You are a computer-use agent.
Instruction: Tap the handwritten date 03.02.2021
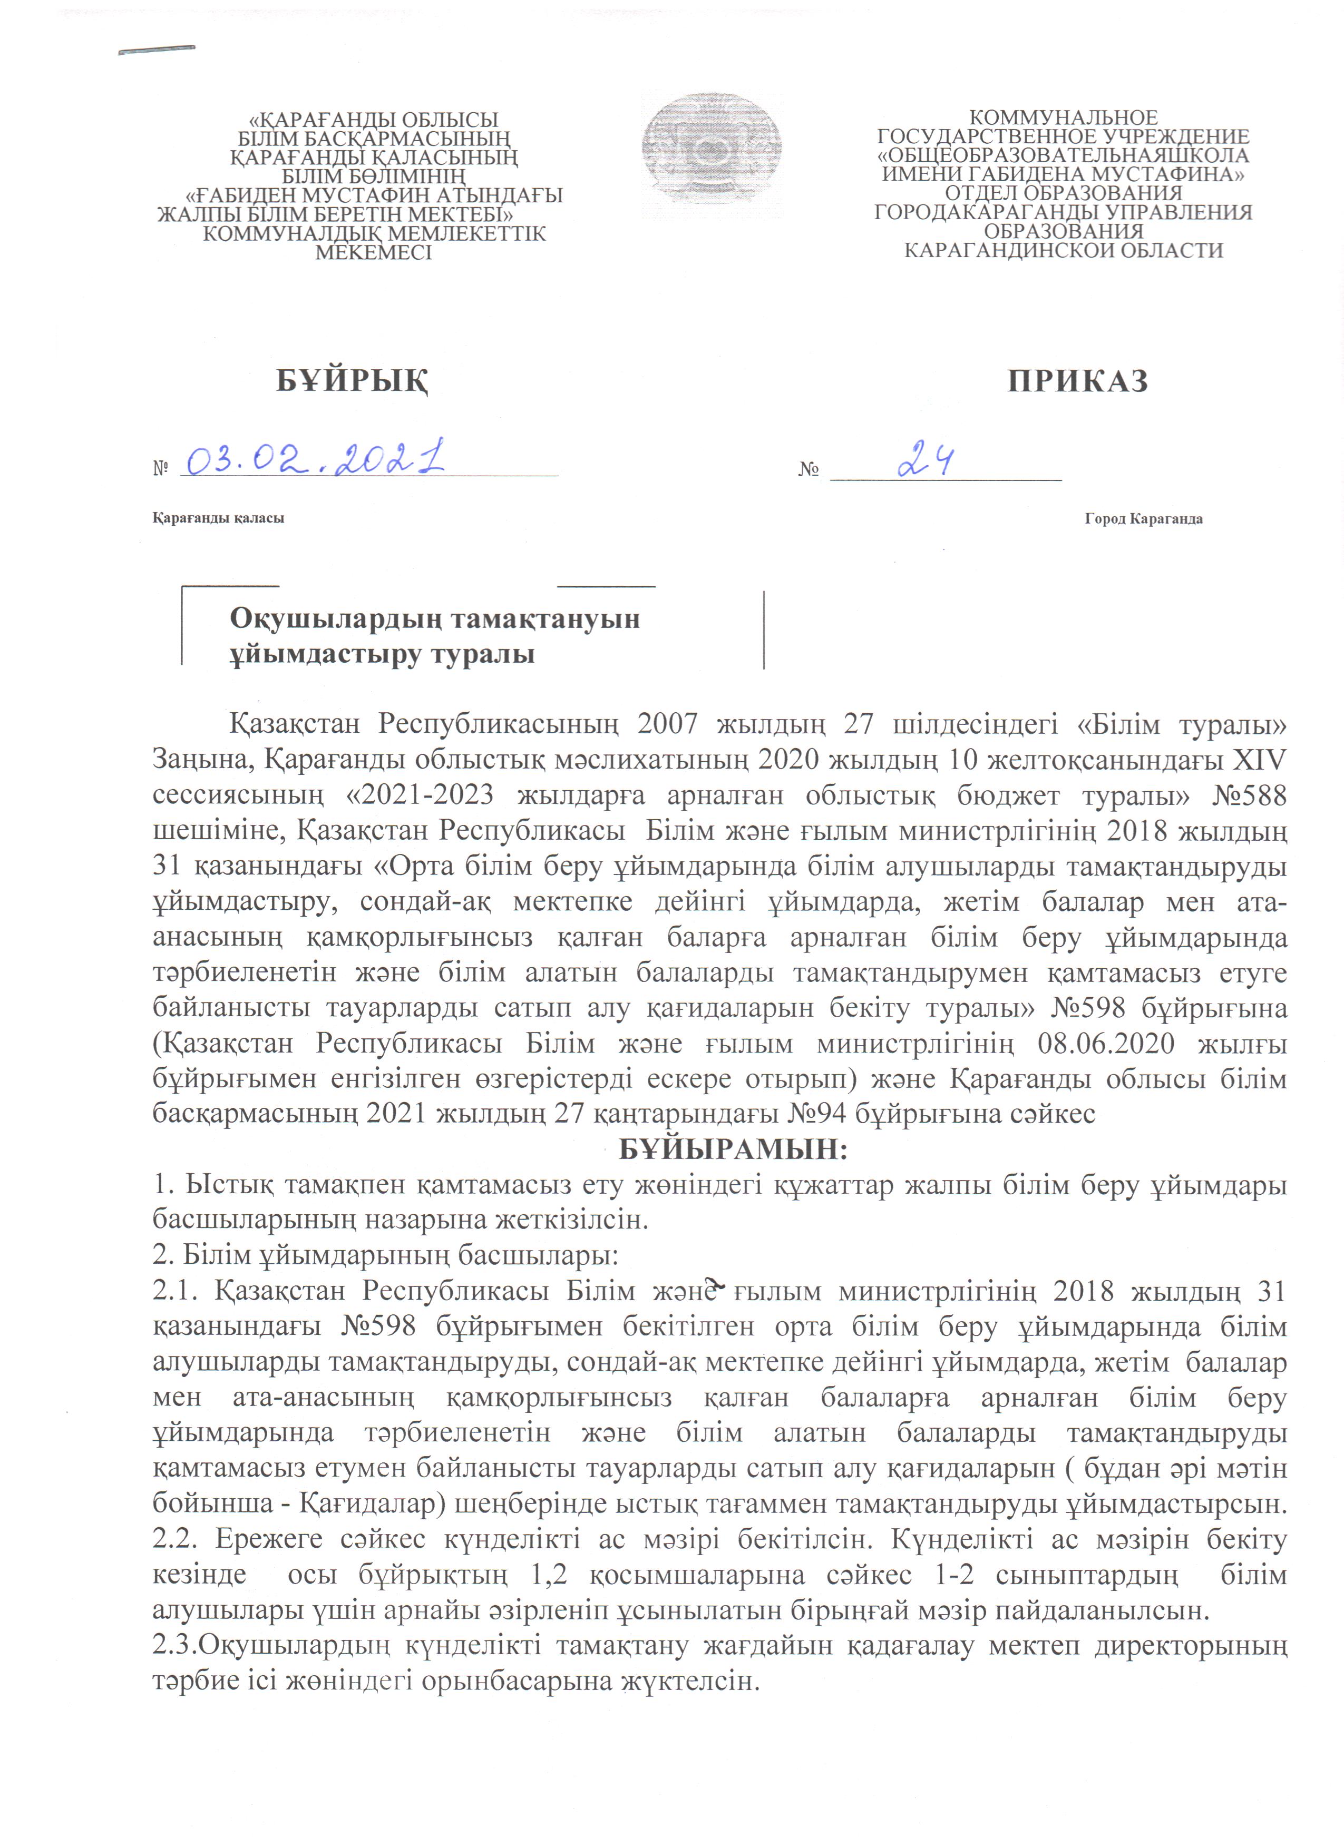click(x=316, y=460)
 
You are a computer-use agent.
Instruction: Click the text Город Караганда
click(x=1143, y=519)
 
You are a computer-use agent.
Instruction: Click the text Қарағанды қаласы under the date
click(x=218, y=518)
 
